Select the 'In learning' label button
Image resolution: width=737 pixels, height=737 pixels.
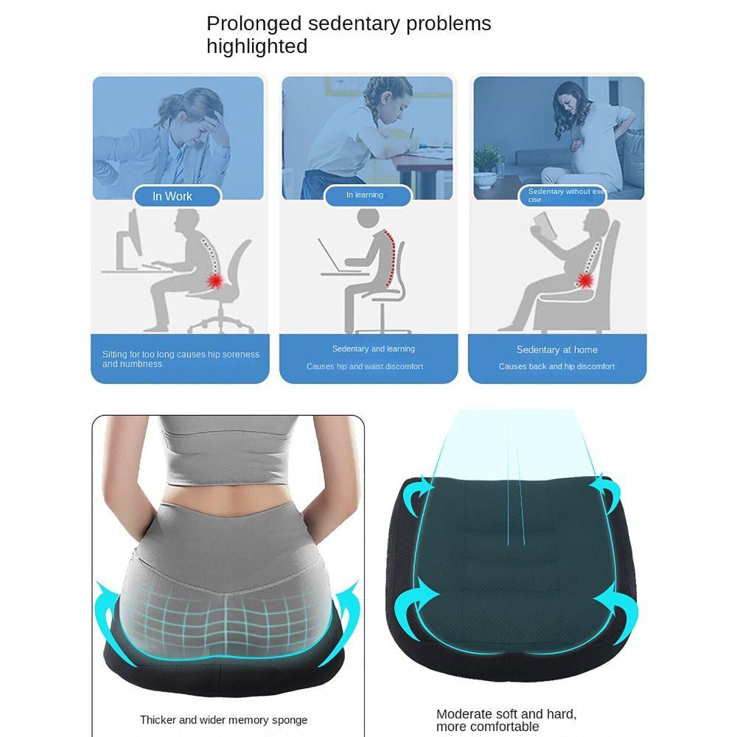365,195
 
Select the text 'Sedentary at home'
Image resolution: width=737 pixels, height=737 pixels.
556,350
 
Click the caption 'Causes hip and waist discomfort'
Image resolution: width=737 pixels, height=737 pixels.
365,366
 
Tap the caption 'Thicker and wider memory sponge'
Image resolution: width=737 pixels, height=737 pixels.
223,720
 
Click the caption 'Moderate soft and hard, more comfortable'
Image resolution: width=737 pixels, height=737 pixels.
506,720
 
